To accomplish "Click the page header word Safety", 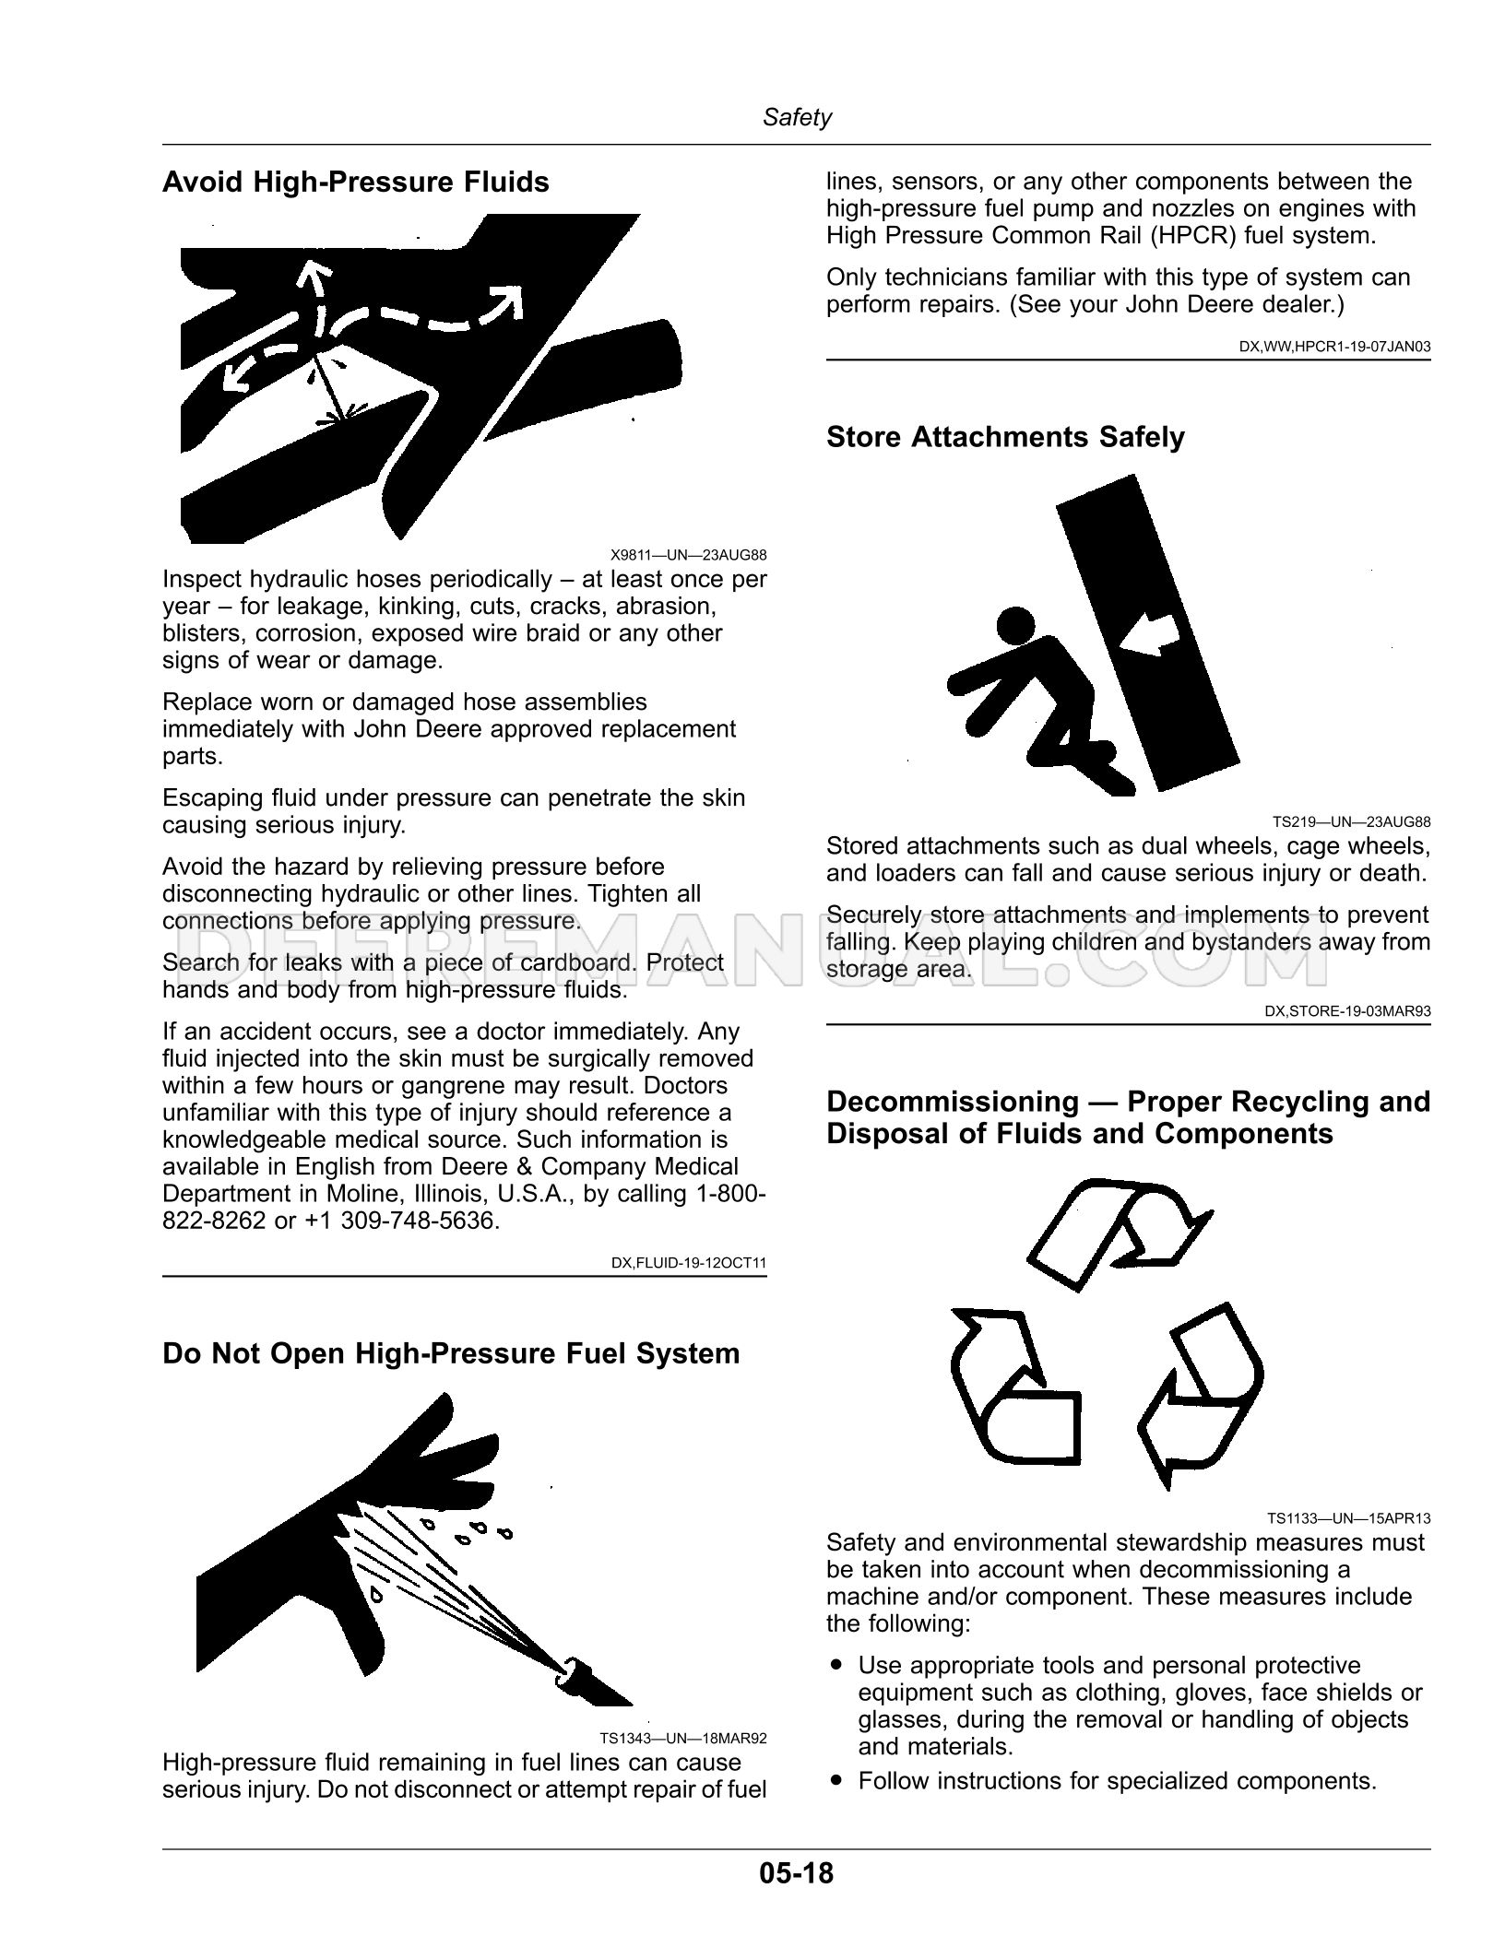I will [797, 117].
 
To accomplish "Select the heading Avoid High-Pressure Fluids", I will [355, 182].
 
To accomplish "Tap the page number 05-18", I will [796, 1873].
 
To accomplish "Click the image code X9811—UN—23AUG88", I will [688, 555].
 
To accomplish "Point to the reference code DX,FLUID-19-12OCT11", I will [689, 1262].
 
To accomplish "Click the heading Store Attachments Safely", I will [1005, 436].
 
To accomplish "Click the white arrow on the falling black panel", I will [1148, 635].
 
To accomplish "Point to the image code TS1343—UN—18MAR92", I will [682, 1738].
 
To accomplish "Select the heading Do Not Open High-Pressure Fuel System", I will [451, 1352].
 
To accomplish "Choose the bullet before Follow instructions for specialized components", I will [836, 1780].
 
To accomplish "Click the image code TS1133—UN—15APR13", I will [1348, 1517].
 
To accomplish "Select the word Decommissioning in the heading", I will [952, 1101].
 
